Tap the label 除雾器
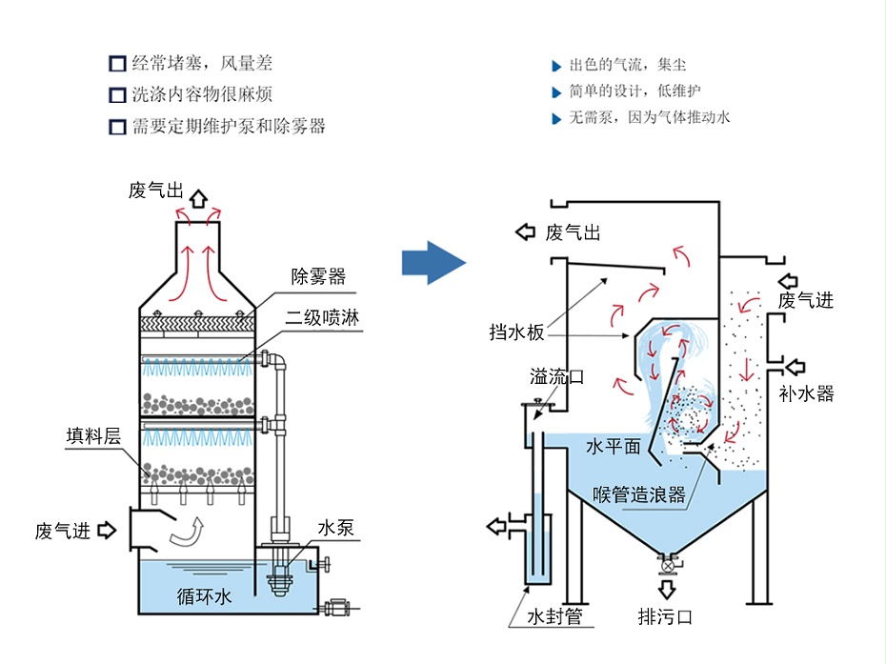[x=318, y=277]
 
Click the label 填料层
[x=93, y=435]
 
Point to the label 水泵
[x=335, y=527]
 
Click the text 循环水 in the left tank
[x=204, y=597]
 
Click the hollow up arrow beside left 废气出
[x=198, y=197]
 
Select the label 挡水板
[x=517, y=332]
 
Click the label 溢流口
[x=557, y=376]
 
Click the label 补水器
[x=806, y=393]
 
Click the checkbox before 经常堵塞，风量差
[x=117, y=65]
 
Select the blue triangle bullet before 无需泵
[x=557, y=119]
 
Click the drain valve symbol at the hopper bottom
[x=667, y=566]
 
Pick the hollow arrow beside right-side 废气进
[x=790, y=281]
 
